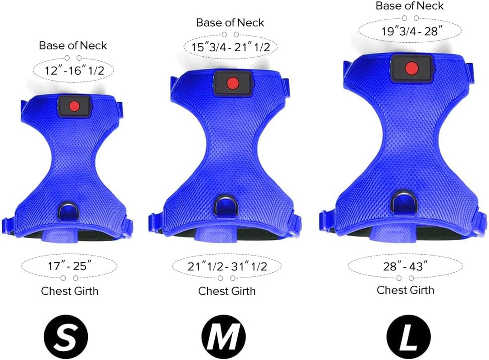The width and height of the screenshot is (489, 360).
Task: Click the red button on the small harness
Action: (75, 105)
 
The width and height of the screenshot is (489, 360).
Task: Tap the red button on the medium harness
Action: (232, 83)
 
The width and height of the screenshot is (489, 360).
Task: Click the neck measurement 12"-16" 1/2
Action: (72, 71)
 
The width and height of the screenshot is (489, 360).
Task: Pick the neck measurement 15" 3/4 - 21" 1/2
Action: (231, 47)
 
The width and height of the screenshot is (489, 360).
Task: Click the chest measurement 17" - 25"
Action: (69, 266)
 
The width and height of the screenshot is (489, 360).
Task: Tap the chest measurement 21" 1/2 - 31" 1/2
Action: (227, 266)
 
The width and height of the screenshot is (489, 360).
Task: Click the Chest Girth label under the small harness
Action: (70, 291)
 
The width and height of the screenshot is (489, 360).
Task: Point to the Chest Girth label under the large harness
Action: (405, 290)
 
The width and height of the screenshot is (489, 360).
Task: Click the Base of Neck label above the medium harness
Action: (230, 22)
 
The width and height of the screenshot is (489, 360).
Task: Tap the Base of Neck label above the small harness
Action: (73, 45)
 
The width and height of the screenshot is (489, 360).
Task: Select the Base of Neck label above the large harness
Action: (410, 6)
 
